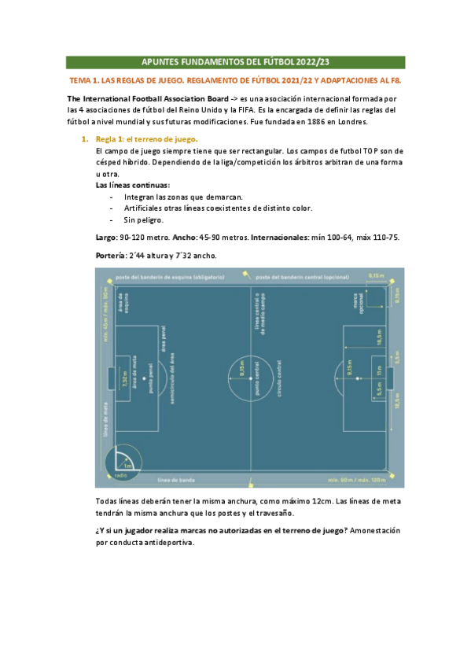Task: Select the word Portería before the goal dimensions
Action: (109, 256)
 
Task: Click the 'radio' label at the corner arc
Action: (121, 476)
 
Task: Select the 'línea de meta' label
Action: (105, 418)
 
